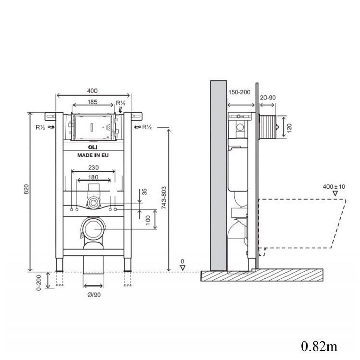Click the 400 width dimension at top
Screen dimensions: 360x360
(92, 90)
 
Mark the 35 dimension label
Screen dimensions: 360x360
(145, 191)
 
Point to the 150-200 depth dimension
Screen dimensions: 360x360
(239, 92)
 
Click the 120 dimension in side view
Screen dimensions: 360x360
(289, 127)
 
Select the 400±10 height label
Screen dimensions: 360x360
(334, 186)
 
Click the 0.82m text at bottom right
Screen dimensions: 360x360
(319, 346)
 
